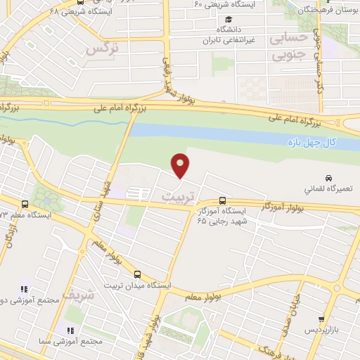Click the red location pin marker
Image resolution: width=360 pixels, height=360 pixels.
click(181, 166)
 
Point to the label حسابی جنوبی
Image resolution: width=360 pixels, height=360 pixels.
click(290, 44)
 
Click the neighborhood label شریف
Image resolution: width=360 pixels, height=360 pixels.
click(77, 294)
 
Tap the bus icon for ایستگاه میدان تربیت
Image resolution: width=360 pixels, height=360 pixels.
click(137, 274)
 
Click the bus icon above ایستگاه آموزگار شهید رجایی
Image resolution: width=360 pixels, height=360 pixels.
click(223, 200)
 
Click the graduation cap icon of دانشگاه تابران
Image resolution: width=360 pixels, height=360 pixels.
click(229, 20)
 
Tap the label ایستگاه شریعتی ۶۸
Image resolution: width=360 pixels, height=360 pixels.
click(50, 12)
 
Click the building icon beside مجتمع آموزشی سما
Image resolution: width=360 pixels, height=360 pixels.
click(70, 330)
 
